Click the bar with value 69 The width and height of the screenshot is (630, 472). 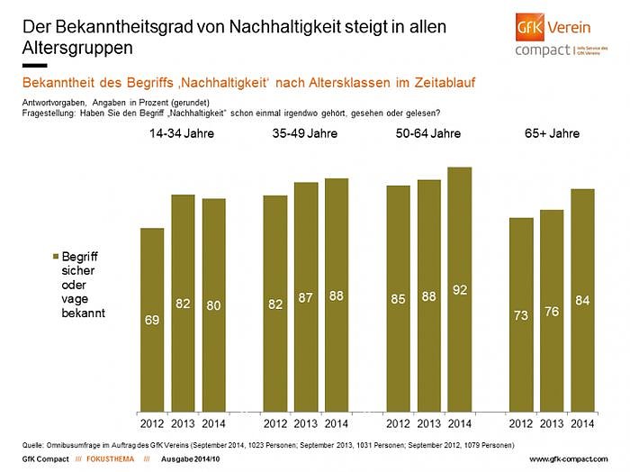click(x=152, y=319)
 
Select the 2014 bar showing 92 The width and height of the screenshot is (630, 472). click(x=459, y=288)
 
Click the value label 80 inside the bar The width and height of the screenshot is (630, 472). click(x=213, y=304)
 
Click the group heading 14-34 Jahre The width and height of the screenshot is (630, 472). click(x=183, y=133)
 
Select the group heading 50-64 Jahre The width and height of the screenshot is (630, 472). click(x=428, y=133)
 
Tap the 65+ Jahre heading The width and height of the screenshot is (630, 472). click(x=552, y=133)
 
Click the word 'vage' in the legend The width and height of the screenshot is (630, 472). click(x=76, y=300)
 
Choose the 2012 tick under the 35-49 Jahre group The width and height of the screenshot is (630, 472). click(x=275, y=423)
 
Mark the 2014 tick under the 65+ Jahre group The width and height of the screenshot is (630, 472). click(x=582, y=423)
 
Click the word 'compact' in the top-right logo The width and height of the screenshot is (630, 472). click(x=542, y=50)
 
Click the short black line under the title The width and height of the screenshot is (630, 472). click(x=33, y=66)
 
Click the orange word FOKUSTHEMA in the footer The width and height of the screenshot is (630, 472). click(x=99, y=460)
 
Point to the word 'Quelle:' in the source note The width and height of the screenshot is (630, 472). click(x=34, y=445)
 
